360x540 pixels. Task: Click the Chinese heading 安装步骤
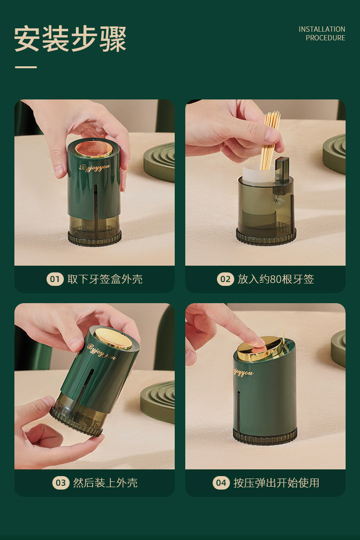(70, 38)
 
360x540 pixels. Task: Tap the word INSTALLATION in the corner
(322, 29)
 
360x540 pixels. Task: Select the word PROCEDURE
(325, 38)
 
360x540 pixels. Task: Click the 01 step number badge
(55, 279)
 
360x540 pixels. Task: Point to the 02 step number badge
(225, 279)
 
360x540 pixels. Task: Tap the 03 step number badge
(60, 483)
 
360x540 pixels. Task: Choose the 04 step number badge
(221, 483)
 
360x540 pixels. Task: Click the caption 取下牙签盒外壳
(105, 279)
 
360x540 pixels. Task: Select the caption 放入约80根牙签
(276, 279)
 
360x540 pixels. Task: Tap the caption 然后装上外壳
(105, 483)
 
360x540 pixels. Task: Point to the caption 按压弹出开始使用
(276, 483)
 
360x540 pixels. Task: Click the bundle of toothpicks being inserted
(271, 139)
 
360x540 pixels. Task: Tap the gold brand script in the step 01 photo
(95, 168)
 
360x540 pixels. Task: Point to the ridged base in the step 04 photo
(265, 436)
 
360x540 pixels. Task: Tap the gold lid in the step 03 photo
(113, 339)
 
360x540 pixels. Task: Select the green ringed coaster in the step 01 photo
(159, 162)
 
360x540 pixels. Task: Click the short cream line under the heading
(26, 67)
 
